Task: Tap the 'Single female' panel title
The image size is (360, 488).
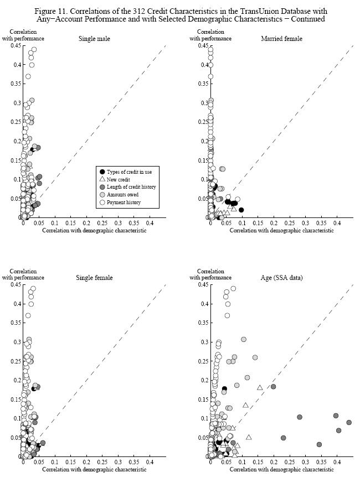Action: tap(94, 277)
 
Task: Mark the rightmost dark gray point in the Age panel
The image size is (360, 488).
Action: tap(349, 422)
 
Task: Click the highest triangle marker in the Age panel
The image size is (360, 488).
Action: tap(260, 387)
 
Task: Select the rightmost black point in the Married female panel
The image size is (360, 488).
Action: tap(241, 210)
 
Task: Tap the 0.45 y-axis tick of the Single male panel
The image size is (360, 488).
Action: tap(15, 46)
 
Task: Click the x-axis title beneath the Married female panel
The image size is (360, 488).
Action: tap(281, 230)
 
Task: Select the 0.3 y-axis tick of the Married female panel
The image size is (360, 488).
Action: tap(203, 103)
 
